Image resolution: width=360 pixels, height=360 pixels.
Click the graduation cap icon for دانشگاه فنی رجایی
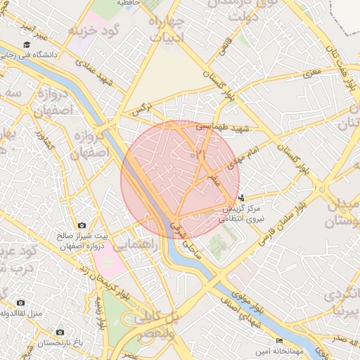[27, 45]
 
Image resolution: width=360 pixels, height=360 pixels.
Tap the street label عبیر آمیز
[33, 30]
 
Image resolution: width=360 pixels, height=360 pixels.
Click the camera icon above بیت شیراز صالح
[82, 225]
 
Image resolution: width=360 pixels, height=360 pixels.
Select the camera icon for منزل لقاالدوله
[20, 302]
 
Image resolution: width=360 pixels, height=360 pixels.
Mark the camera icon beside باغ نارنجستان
[60, 331]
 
